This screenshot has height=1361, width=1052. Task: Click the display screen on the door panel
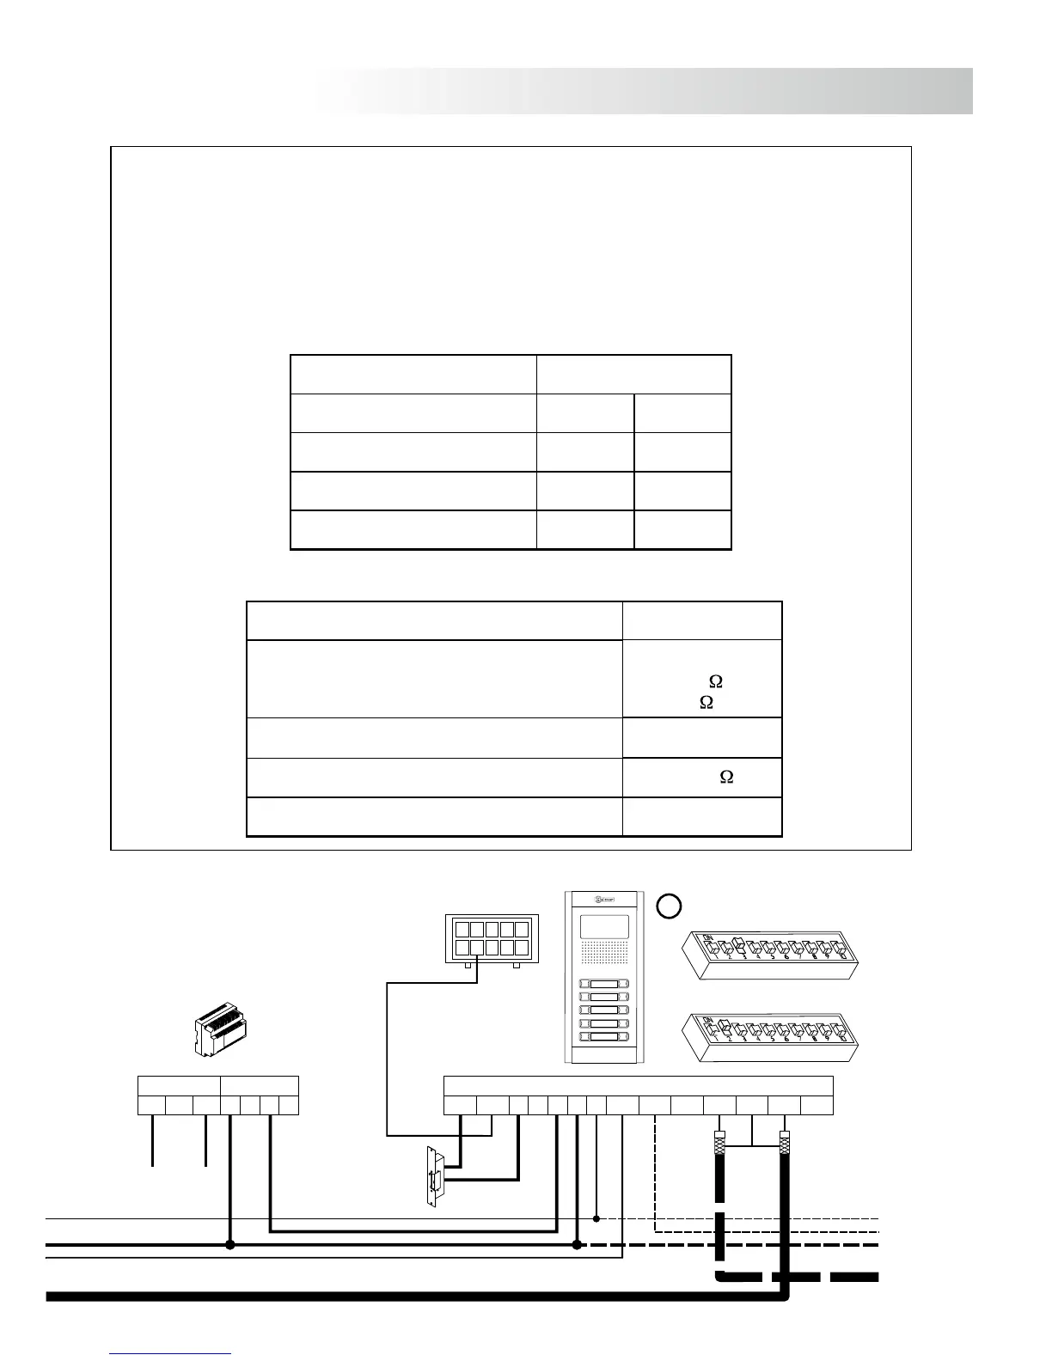tap(604, 925)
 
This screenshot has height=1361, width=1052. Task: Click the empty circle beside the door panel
tap(670, 906)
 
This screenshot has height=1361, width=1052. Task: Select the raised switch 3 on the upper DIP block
tap(737, 946)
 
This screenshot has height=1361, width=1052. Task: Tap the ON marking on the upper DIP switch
tap(709, 937)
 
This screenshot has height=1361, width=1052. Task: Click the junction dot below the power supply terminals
tap(229, 1244)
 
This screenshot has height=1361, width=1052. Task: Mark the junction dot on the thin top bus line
tap(596, 1218)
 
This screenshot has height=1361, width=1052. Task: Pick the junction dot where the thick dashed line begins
tap(577, 1244)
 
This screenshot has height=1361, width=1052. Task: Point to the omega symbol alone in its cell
tap(726, 777)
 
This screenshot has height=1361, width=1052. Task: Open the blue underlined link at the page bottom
tap(170, 1354)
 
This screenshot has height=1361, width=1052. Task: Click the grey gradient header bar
tap(645, 91)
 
